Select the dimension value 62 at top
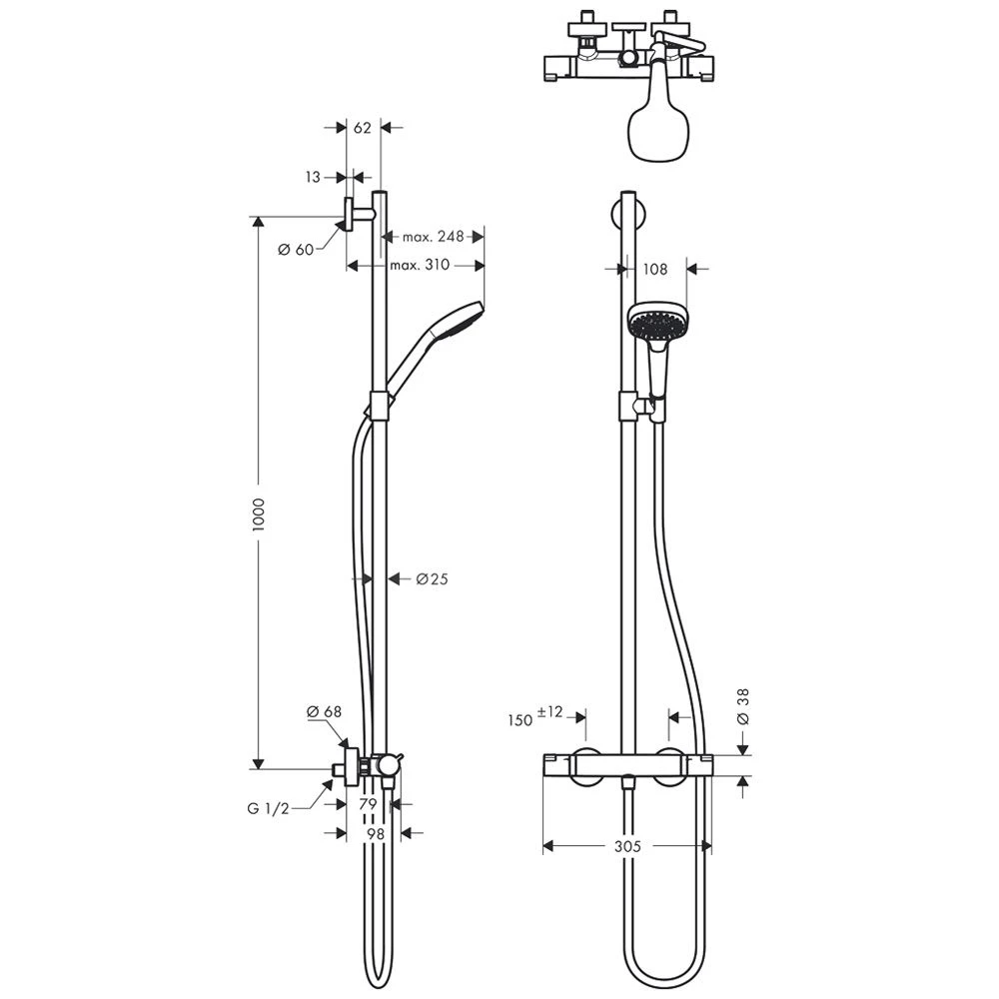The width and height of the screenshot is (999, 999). point(363,128)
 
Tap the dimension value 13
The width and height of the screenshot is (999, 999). point(314,177)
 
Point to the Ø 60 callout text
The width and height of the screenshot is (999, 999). point(297,249)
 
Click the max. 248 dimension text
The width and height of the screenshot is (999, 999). point(434,237)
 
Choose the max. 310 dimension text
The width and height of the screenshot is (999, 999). point(420,265)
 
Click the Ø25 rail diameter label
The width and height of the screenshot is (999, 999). point(432,578)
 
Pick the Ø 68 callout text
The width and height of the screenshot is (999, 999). point(325,711)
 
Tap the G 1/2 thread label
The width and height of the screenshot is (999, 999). point(269,809)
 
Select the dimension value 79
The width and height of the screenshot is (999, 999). point(368,804)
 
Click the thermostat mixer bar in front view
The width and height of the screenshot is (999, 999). point(626,766)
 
